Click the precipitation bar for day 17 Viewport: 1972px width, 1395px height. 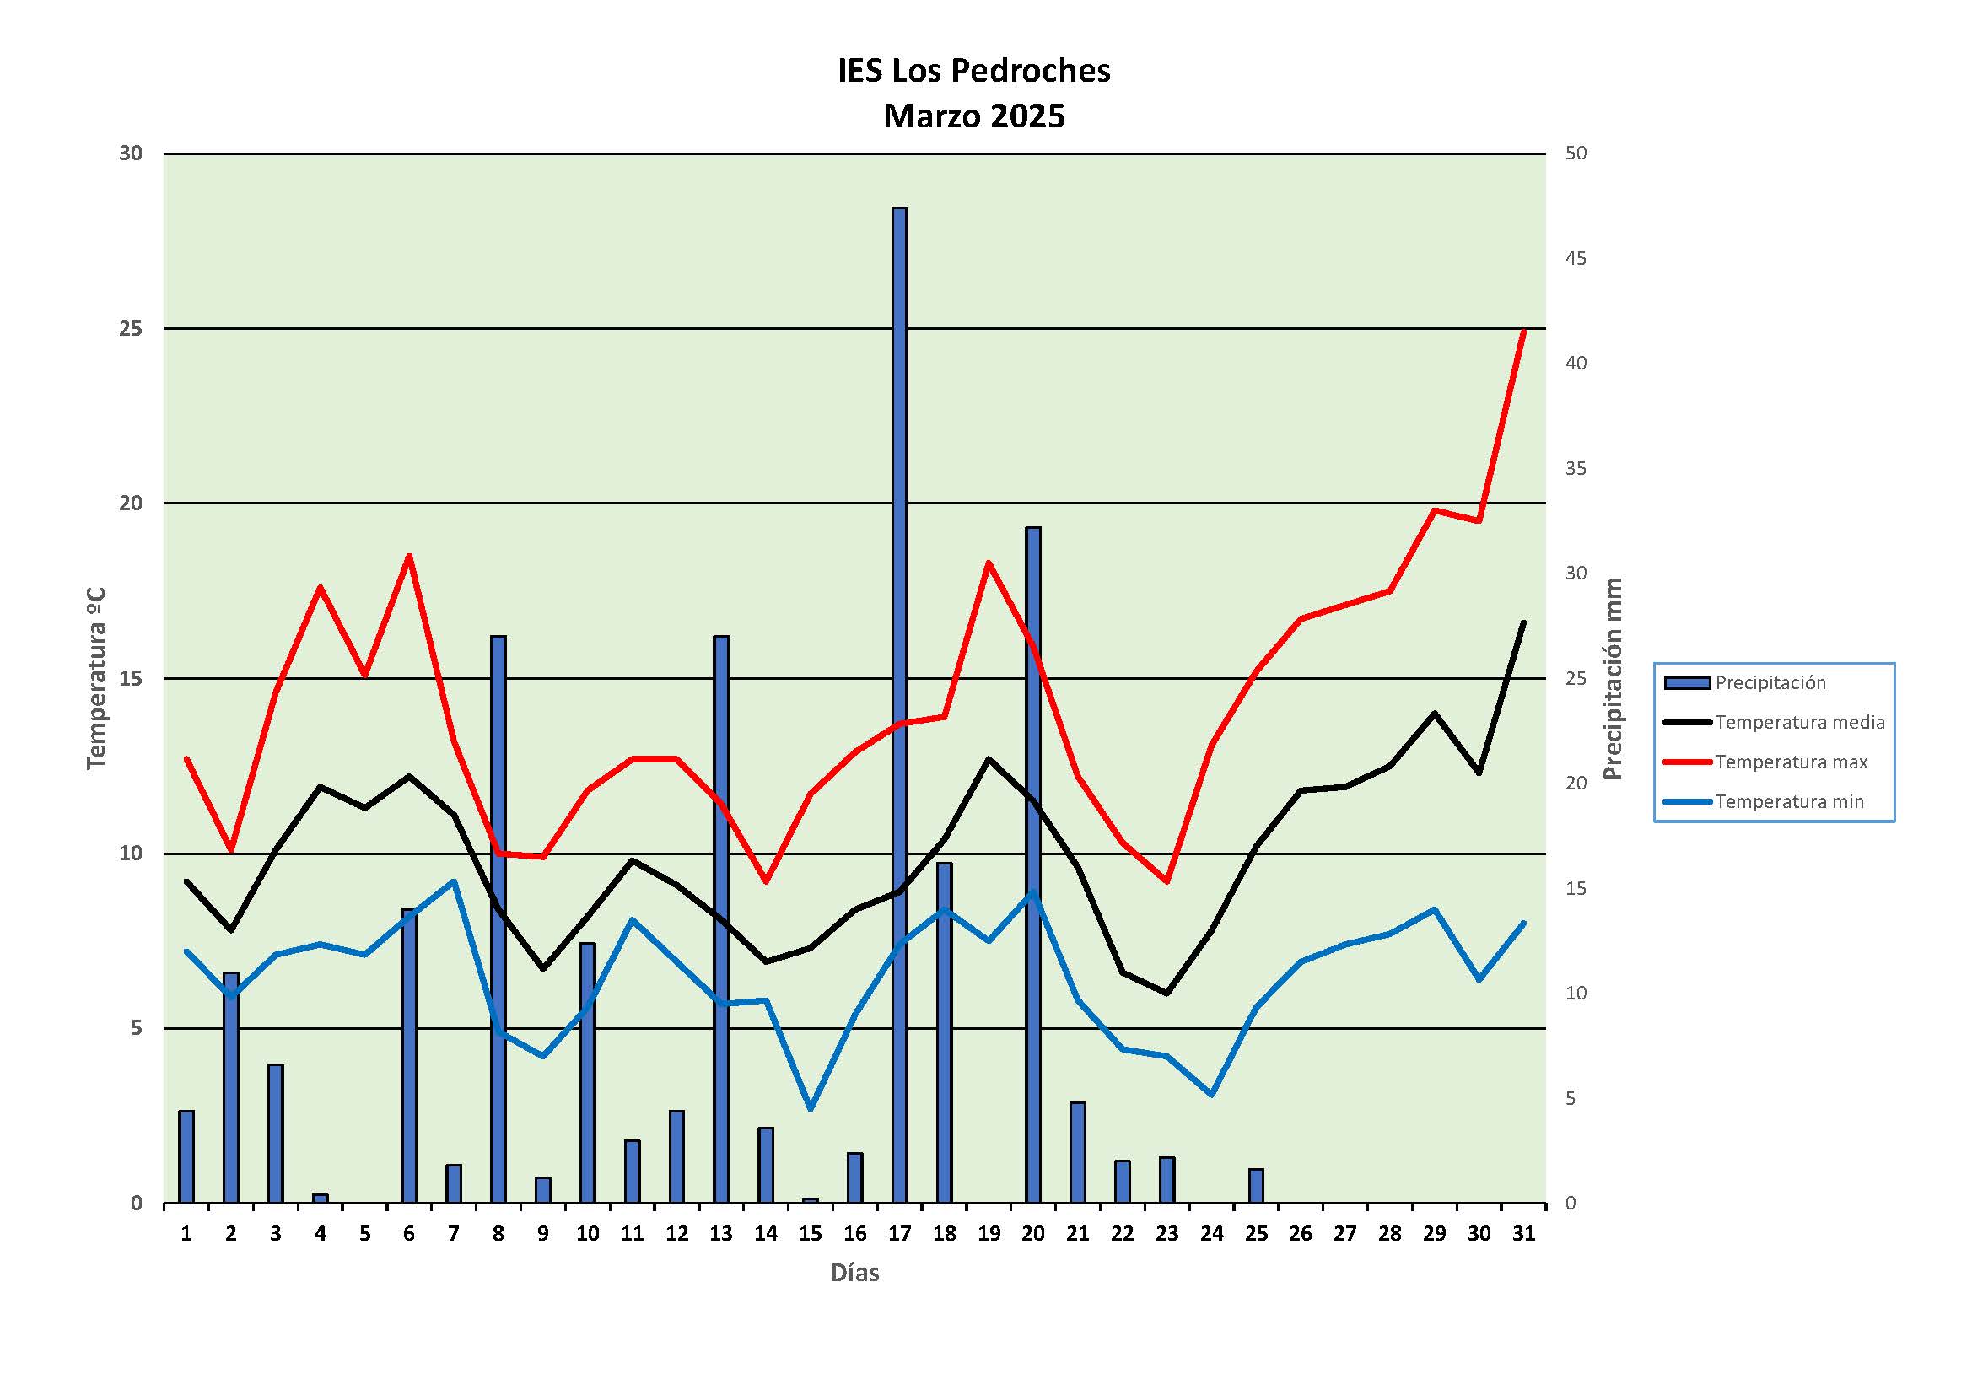[x=899, y=704]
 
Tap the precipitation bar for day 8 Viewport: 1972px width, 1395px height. [x=498, y=918]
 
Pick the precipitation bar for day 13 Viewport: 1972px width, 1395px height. [x=721, y=918]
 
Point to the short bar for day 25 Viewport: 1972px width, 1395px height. [x=1256, y=1185]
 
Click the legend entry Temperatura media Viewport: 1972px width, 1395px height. [x=1798, y=723]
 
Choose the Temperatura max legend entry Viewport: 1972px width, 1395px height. [x=1791, y=762]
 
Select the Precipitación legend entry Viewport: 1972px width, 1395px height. [x=1770, y=683]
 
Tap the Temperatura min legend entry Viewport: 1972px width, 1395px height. [x=1789, y=801]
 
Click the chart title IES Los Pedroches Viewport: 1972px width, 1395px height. [x=974, y=71]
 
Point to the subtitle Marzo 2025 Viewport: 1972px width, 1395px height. [x=974, y=116]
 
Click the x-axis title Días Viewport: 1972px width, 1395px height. [x=854, y=1272]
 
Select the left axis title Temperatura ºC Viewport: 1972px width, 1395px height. [x=96, y=679]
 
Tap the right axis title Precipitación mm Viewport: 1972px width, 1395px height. [x=1612, y=679]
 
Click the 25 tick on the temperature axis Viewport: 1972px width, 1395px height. [x=131, y=328]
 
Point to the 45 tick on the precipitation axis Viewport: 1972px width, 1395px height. [x=1576, y=259]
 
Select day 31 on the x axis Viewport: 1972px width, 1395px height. [x=1523, y=1234]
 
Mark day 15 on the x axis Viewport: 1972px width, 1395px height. [x=810, y=1234]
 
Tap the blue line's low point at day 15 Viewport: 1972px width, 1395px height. [x=810, y=1108]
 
